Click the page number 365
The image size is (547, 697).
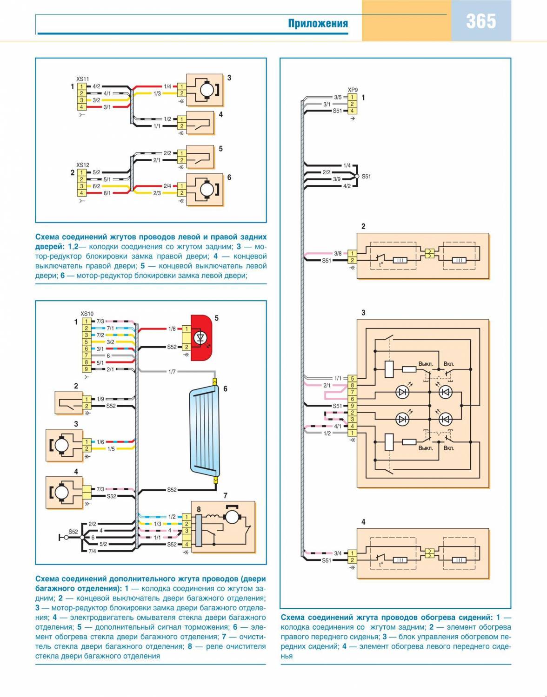click(x=481, y=21)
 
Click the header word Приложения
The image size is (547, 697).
click(x=318, y=24)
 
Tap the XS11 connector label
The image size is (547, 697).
click(x=82, y=79)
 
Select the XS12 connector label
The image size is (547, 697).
click(x=82, y=165)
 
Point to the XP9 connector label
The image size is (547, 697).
click(x=353, y=90)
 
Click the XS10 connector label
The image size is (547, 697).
click(x=87, y=314)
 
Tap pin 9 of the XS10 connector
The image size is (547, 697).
click(x=86, y=369)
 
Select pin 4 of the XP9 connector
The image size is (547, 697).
click(x=353, y=111)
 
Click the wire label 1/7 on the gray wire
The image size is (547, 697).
click(x=172, y=372)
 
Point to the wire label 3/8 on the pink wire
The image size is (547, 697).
click(x=338, y=254)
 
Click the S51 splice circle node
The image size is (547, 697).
click(x=357, y=177)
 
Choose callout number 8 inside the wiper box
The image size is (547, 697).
click(x=199, y=509)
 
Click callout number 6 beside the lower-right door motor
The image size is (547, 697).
click(x=229, y=178)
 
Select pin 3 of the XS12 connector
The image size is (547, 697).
click(x=81, y=186)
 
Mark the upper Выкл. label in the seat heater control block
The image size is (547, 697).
click(x=426, y=364)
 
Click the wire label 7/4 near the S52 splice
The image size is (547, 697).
click(x=92, y=551)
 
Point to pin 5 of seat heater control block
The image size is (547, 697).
click(x=353, y=379)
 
